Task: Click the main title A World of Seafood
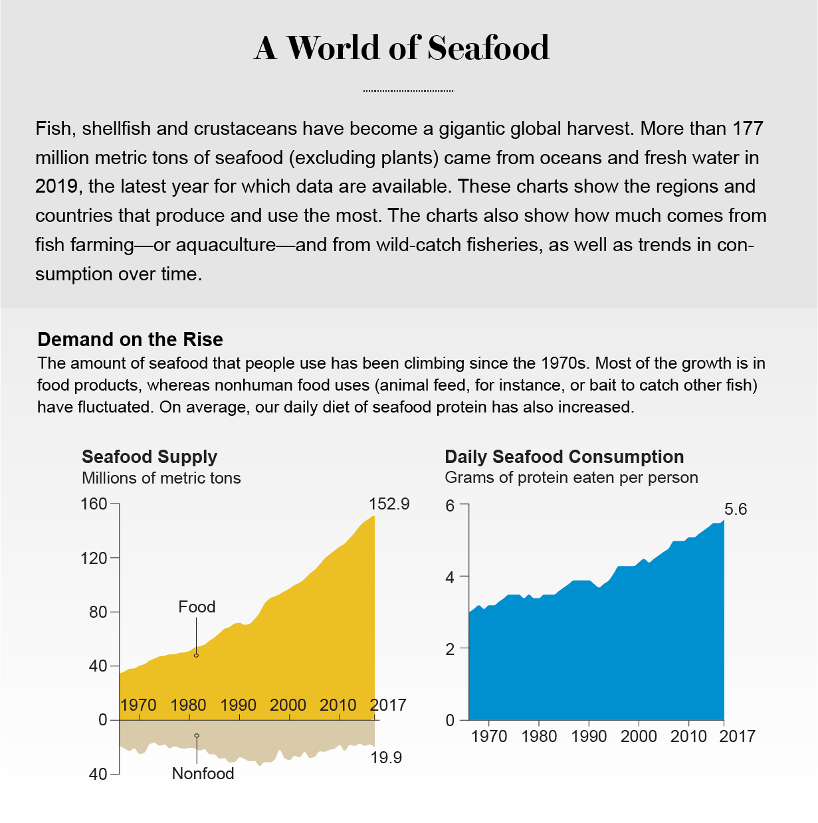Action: [402, 48]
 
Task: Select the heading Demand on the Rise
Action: [130, 339]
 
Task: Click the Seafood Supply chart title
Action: [150, 457]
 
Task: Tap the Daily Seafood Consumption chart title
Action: [564, 457]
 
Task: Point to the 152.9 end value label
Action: [389, 504]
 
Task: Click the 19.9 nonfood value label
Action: [386, 758]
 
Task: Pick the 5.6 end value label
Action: [736, 509]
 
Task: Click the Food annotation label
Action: [197, 606]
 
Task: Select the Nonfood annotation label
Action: [203, 774]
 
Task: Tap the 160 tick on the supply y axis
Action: [94, 504]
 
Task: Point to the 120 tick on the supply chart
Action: [94, 558]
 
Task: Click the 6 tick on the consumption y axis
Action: [451, 505]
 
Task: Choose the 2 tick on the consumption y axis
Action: [451, 649]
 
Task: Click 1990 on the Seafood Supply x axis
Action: [238, 705]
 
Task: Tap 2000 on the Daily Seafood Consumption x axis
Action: [639, 737]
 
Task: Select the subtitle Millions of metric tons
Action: [161, 478]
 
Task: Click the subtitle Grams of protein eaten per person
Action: [571, 478]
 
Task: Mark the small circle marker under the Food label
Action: [196, 656]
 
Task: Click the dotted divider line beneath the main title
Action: [408, 91]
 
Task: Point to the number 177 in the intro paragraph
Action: [748, 128]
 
